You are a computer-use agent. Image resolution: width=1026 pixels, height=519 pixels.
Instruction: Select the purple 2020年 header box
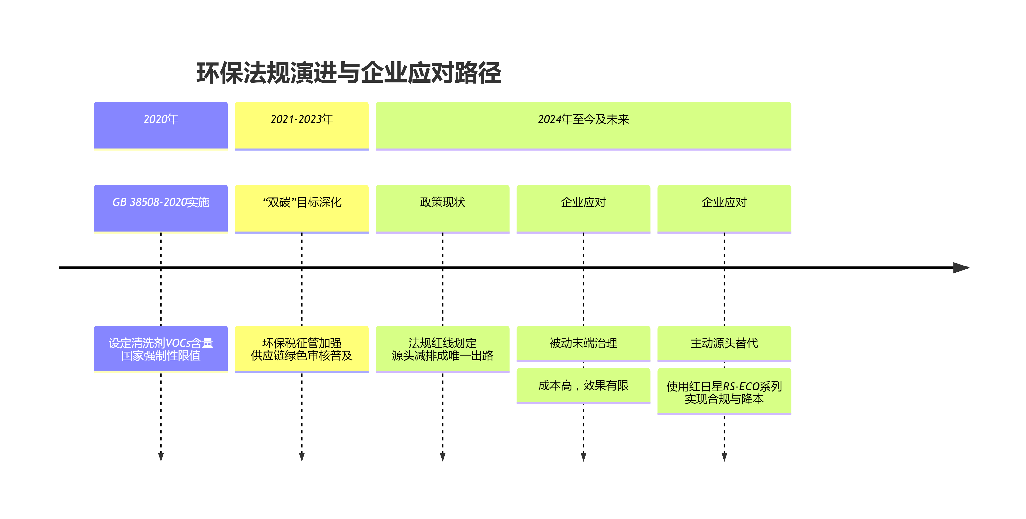(161, 125)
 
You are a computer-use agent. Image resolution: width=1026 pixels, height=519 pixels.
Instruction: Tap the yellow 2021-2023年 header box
(301, 125)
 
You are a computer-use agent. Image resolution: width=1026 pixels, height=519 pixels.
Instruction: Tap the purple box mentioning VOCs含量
(161, 349)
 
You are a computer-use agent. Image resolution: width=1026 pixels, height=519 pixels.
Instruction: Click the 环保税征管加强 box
(301, 349)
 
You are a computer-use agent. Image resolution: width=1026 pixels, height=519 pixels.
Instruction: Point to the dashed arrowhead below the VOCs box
(161, 457)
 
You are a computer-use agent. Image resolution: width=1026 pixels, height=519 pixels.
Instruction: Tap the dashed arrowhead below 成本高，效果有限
(583, 457)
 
